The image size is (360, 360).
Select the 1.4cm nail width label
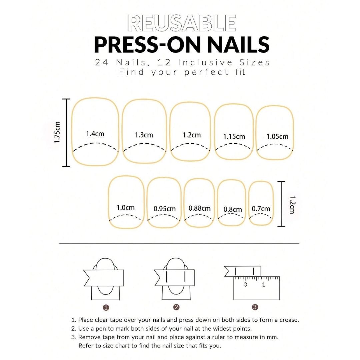95,134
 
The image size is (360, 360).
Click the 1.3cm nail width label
144,135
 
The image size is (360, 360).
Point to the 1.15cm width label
234,136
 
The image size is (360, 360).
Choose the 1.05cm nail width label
277,136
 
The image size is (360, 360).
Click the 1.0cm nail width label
126,208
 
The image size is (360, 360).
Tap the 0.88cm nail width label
200,208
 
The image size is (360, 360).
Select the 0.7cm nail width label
261,209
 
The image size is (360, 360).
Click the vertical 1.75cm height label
57,132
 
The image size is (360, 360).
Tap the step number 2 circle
176,307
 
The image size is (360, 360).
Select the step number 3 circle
255,307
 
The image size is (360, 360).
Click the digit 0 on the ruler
245,285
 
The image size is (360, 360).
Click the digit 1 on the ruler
264,285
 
